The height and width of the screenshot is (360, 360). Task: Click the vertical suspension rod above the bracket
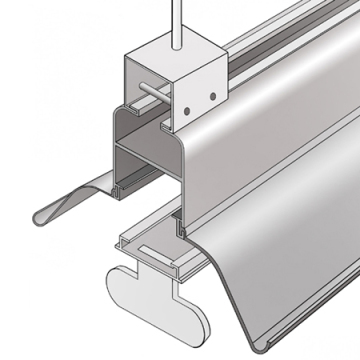coord(179,18)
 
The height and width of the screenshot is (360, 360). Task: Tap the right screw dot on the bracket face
coord(212,95)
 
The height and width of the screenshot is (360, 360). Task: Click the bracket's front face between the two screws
coord(199,90)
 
